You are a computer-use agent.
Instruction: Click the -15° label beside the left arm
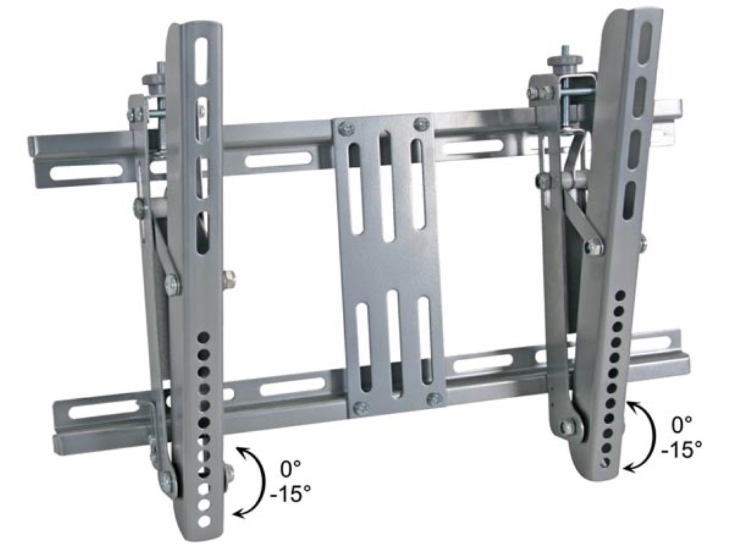tap(291, 494)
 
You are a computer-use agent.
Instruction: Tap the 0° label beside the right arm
tap(681, 426)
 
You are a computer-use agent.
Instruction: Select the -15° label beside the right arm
tap(681, 450)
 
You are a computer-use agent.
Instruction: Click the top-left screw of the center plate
tap(346, 127)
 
